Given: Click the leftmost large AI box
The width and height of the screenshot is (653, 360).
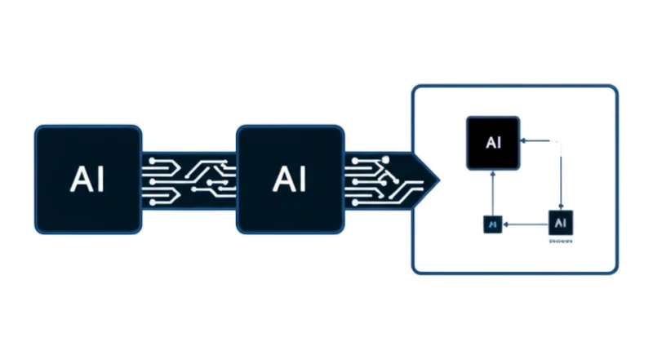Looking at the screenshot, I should tap(87, 180).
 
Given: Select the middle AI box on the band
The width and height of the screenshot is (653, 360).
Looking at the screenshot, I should tap(290, 180).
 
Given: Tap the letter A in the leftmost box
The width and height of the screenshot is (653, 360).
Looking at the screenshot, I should tap(78, 180).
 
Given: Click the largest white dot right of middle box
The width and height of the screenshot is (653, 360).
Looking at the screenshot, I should tap(386, 158).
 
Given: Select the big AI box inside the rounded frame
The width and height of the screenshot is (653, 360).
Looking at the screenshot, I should tap(493, 142).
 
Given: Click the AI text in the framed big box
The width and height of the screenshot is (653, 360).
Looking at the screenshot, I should tap(493, 142).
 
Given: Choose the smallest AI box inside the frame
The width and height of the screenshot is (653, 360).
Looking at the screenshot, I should tap(492, 222).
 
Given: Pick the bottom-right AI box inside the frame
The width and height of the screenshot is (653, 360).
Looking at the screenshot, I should tap(561, 221).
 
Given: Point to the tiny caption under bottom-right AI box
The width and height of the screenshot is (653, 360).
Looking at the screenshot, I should tap(561, 242).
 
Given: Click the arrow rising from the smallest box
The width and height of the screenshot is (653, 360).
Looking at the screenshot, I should tap(492, 192).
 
